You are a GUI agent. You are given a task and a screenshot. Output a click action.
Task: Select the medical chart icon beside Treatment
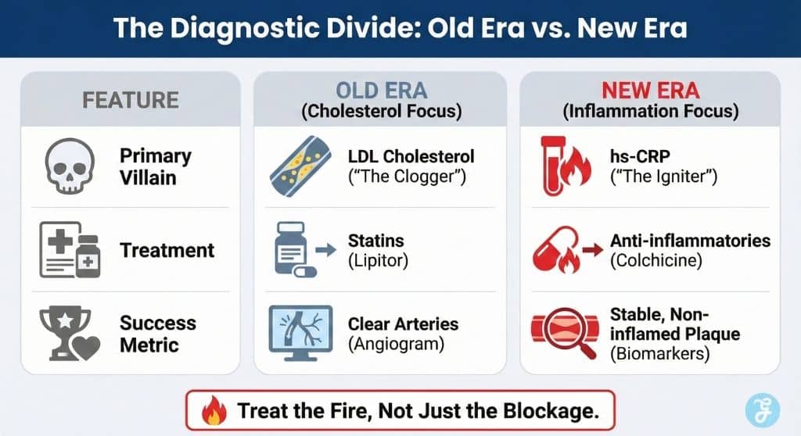pos(70,250)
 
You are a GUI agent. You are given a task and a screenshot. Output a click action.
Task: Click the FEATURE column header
pos(131,100)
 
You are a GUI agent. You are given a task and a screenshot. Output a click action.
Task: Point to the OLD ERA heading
pos(382,91)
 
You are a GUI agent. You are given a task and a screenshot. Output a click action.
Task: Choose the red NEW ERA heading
pos(650,91)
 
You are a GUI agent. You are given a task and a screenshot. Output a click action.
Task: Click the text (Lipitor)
pos(378,261)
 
